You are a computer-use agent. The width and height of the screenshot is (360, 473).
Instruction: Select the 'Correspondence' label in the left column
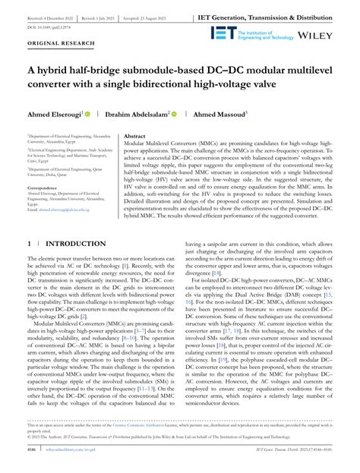tap(47, 186)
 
